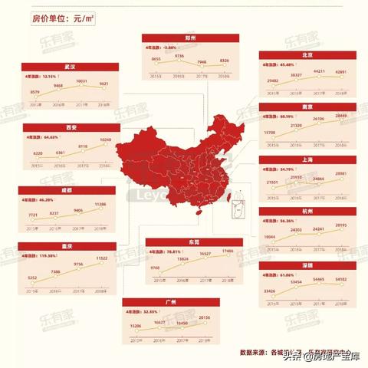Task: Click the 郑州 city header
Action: pyautogui.click(x=181, y=37)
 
